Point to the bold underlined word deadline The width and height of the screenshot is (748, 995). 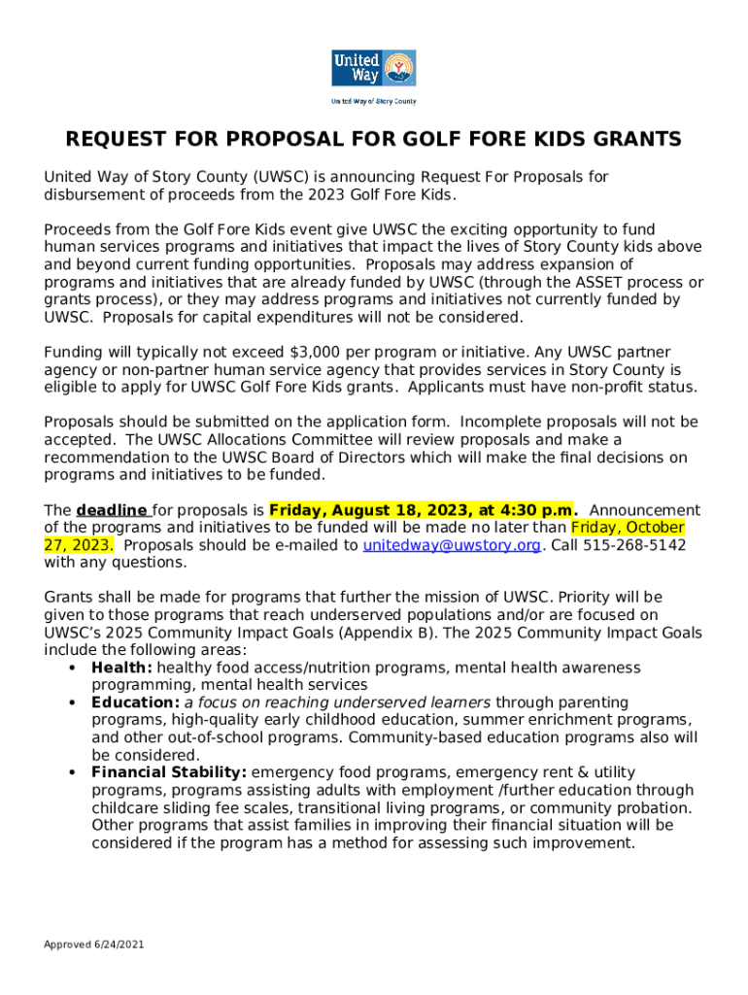pos(112,510)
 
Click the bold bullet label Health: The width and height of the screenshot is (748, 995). pos(121,668)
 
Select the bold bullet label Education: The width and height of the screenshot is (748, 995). pos(135,703)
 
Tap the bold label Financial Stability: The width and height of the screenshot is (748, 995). pos(169,772)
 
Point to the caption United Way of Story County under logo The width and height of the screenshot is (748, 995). pos(373,101)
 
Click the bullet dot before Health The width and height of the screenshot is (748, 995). pos(73,669)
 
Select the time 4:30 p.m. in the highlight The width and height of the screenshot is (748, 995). pos(537,510)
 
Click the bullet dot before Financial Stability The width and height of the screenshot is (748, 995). pos(73,773)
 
